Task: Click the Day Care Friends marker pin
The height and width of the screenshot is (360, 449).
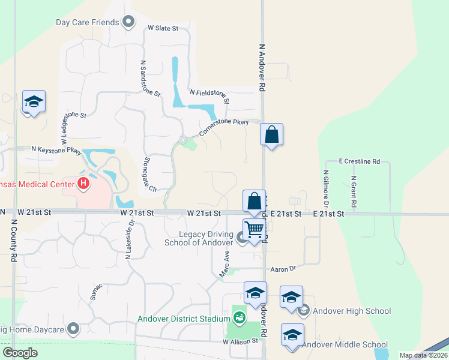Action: [x=128, y=23]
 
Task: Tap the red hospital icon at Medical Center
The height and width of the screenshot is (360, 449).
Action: [x=83, y=182]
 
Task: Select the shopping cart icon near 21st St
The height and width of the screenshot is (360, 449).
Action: [x=255, y=230]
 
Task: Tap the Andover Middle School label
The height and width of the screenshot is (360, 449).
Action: [x=345, y=344]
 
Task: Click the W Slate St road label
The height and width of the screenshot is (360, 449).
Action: [x=163, y=28]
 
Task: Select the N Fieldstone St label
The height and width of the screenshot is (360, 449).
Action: [x=210, y=95]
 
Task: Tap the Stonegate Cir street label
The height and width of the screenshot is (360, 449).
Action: [x=149, y=175]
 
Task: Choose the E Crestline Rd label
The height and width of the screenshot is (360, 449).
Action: [x=360, y=161]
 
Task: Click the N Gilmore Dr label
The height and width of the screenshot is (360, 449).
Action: [x=326, y=188]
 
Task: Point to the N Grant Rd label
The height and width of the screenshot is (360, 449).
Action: [x=354, y=192]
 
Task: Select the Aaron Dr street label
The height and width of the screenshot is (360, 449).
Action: [x=283, y=269]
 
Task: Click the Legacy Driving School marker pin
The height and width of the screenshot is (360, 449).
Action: [x=241, y=239]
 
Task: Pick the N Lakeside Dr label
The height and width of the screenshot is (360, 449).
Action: [x=128, y=239]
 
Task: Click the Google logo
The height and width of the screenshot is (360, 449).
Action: [x=20, y=352]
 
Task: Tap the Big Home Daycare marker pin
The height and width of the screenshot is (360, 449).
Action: [x=73, y=328]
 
